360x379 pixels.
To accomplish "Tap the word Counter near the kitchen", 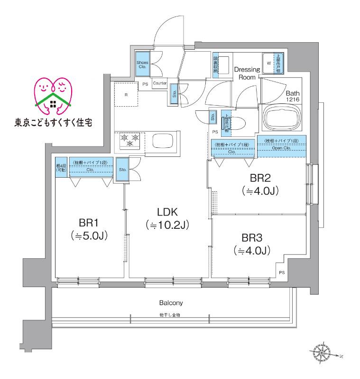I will click(x=160, y=84).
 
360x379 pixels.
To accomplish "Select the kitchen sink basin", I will click(x=164, y=141).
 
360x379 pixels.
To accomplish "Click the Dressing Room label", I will click(x=247, y=73).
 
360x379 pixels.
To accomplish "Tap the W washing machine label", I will click(x=269, y=63).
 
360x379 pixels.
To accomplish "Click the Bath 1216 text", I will click(x=293, y=97).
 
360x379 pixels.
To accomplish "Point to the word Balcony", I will click(x=171, y=302).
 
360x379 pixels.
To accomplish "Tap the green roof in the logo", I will click(x=53, y=98).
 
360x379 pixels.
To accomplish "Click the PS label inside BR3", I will click(x=282, y=272).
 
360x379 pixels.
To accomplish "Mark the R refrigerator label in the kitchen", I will click(x=126, y=95).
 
